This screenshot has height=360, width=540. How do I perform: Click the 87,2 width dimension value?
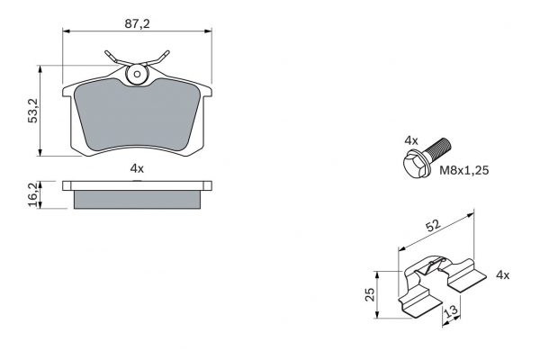click(138, 24)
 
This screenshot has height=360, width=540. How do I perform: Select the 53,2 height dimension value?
click(33, 111)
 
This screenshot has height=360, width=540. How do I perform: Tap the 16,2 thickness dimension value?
click(33, 195)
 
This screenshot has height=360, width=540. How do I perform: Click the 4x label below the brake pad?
click(137, 168)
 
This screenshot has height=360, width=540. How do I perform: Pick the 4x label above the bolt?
click(411, 140)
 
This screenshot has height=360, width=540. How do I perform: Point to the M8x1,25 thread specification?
click(463, 170)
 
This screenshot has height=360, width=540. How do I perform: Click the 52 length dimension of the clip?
click(433, 226)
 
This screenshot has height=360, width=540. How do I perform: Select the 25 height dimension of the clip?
click(370, 294)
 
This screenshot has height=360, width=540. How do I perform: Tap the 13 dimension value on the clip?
click(451, 310)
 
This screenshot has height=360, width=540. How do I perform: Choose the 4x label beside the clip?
click(503, 274)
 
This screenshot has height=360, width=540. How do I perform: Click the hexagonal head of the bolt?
click(414, 164)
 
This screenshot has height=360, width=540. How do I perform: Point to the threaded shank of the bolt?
click(437, 148)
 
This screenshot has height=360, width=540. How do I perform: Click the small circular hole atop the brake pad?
click(137, 74)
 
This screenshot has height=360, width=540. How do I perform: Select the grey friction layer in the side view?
click(137, 200)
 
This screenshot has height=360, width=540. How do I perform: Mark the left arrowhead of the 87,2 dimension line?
click(66, 31)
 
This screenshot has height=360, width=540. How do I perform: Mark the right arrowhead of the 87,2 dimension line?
click(209, 31)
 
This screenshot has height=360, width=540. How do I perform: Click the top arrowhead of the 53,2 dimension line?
click(40, 68)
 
